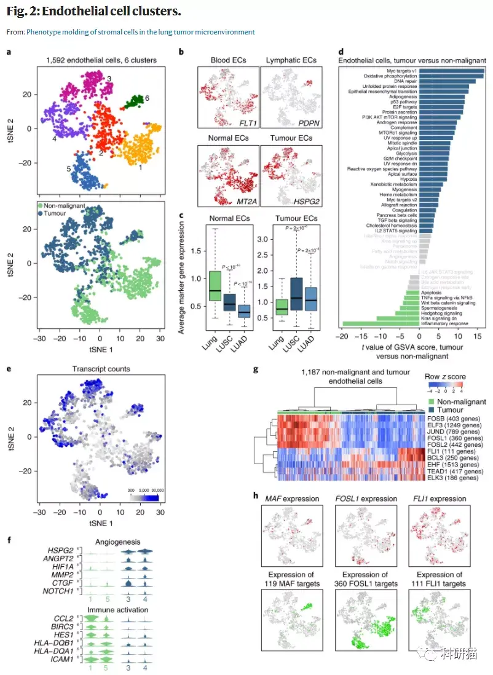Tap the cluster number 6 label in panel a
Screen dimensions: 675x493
147,98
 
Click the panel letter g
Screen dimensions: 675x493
256,371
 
